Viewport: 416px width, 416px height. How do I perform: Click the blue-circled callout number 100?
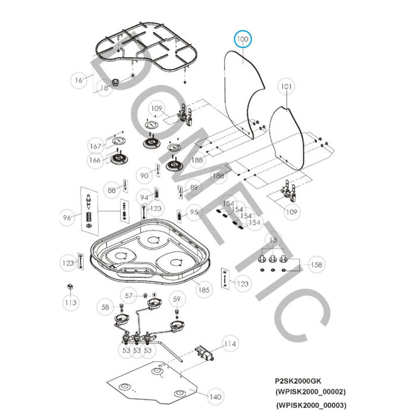243,40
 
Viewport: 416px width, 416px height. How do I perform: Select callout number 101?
286,87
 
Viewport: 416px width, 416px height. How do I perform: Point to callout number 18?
105,88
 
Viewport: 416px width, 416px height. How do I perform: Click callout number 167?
95,146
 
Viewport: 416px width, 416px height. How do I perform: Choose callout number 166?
95,160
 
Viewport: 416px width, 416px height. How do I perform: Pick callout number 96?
67,218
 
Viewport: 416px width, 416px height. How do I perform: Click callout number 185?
204,290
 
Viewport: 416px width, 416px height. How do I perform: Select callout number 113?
71,303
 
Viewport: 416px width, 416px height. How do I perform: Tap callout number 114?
230,343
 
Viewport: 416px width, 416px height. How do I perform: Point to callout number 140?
215,397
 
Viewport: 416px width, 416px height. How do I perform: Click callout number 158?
316,265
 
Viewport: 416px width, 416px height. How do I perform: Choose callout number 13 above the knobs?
273,239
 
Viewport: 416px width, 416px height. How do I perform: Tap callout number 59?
177,298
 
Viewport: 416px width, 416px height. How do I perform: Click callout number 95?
194,212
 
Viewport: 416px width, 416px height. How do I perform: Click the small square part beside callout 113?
70,286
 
